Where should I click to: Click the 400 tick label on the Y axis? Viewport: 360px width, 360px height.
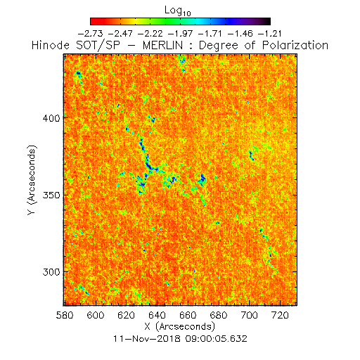[51, 118]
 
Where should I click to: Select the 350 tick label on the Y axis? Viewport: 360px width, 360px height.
[51, 195]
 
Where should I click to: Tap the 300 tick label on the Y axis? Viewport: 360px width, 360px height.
[51, 272]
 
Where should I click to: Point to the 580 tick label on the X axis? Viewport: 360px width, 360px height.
[65, 315]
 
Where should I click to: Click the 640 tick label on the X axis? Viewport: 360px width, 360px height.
[157, 315]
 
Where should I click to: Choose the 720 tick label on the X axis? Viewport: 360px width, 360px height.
[280, 315]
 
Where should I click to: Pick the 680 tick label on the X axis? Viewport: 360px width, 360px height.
[219, 315]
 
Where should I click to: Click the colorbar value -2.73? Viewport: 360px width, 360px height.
[90, 34]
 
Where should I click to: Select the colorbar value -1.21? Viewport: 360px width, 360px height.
[269, 34]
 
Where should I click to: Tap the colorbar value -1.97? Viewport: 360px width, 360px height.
[180, 34]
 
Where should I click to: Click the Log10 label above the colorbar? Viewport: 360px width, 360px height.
[178, 11]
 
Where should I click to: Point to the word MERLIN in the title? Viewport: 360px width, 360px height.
[162, 45]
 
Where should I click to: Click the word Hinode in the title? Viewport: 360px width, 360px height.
[51, 45]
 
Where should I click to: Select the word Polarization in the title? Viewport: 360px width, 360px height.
[295, 45]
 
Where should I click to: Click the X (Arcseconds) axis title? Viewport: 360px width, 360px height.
[180, 326]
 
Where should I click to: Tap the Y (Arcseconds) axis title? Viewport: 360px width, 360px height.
[32, 180]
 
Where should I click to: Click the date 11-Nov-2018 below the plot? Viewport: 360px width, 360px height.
[147, 339]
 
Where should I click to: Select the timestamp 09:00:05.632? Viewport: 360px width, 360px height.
[217, 339]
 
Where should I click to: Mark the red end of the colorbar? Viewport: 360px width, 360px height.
[94, 21]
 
